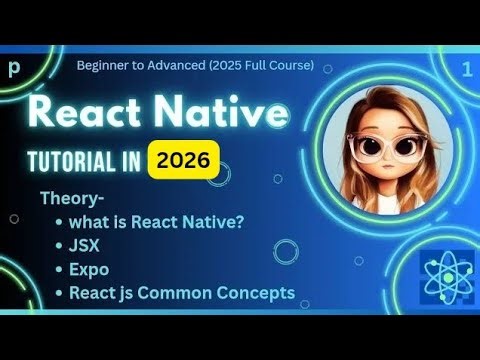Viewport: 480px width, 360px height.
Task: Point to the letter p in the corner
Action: pos(14,69)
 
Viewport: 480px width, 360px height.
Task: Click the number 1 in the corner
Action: pos(467,69)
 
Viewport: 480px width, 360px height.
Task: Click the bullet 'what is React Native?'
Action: pos(158,221)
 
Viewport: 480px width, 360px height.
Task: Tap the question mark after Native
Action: pos(242,221)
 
